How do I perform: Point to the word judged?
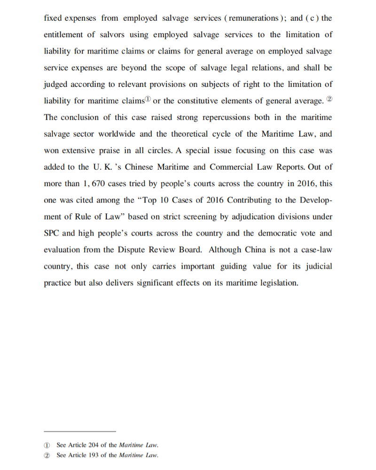pos(56,85)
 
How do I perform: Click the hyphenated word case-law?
pos(314,250)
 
